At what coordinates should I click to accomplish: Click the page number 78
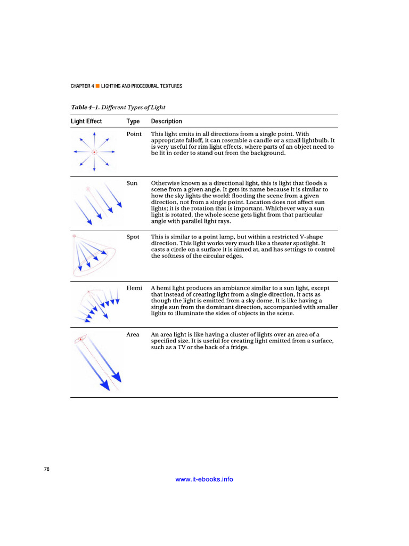click(47, 469)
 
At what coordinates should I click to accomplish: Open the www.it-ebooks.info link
click(204, 479)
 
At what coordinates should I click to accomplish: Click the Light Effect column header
click(86, 121)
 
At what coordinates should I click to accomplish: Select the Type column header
click(133, 121)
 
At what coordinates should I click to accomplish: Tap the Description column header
click(166, 121)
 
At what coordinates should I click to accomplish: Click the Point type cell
click(134, 134)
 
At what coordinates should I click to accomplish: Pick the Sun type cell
click(132, 183)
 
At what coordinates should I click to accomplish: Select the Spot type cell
click(133, 237)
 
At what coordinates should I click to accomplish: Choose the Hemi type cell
click(134, 288)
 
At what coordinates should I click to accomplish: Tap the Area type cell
click(133, 335)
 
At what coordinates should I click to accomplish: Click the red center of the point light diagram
click(94, 152)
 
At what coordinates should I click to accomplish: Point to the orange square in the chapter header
click(98, 86)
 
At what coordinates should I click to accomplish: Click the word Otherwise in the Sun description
click(166, 183)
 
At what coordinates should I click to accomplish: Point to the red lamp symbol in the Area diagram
click(80, 339)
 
